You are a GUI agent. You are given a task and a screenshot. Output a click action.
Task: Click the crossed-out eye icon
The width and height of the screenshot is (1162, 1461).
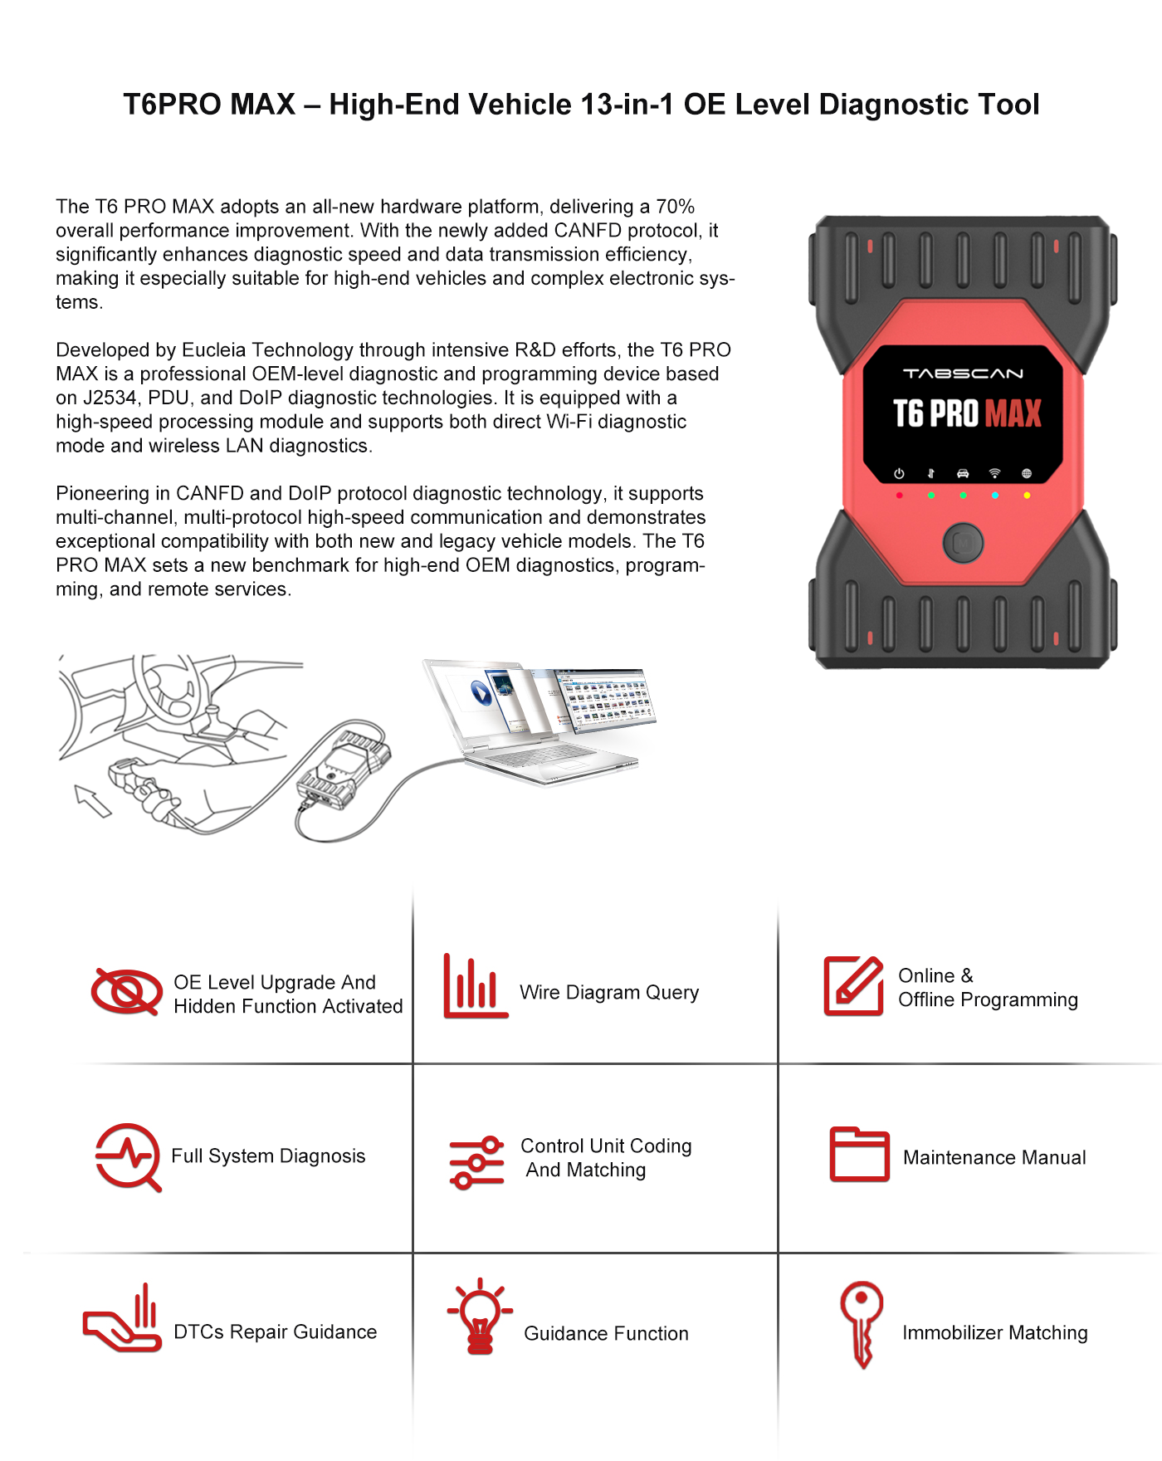pos(126,991)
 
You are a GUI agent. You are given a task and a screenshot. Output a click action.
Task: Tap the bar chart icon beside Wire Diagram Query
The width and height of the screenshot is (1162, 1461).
pos(475,987)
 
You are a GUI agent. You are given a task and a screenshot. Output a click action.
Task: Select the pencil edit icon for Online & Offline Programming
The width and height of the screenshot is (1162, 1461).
pos(853,986)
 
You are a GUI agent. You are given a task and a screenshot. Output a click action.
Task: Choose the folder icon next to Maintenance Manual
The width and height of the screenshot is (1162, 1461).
pos(859,1155)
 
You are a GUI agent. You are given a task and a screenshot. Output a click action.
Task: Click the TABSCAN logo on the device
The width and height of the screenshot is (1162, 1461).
pos(963,374)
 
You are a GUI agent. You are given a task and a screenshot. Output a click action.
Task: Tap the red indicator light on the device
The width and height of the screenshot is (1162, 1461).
pos(899,496)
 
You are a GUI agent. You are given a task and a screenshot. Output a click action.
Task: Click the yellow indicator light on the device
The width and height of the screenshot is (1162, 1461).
pos(1027,496)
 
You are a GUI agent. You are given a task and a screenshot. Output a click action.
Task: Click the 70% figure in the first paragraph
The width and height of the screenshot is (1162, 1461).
pos(675,207)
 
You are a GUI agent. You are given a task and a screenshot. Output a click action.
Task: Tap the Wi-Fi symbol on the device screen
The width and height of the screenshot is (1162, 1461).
pos(994,473)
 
